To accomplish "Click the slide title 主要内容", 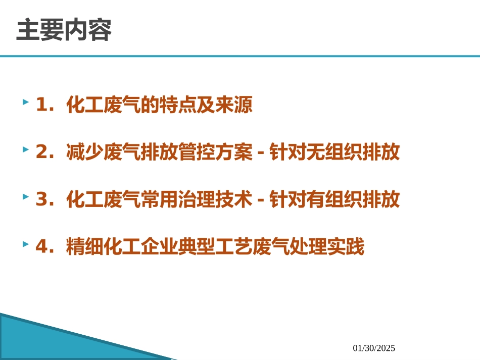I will click(64, 31).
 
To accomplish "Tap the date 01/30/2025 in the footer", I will click(374, 348).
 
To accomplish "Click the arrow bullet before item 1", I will click(25, 102).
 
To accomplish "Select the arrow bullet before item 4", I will click(25, 244).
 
